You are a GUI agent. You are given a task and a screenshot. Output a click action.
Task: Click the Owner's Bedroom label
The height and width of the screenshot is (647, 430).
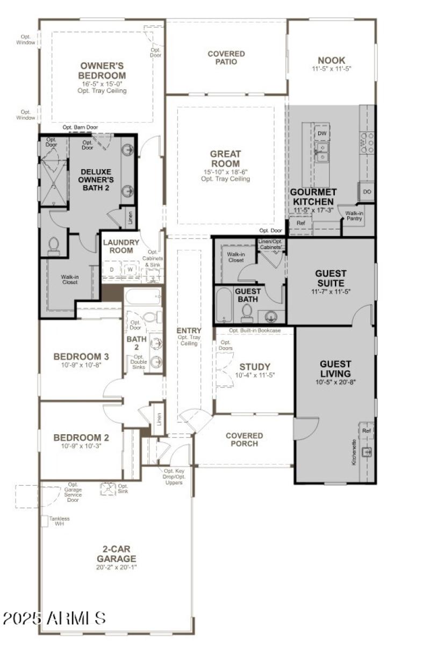102,71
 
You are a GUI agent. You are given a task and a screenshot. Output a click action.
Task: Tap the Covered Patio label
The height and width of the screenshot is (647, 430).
226,57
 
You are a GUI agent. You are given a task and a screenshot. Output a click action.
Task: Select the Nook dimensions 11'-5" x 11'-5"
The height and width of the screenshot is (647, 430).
331,69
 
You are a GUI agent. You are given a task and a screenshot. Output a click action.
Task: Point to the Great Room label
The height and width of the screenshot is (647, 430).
225,159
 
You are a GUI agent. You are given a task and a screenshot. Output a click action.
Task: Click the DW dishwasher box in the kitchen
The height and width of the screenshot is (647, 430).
322,133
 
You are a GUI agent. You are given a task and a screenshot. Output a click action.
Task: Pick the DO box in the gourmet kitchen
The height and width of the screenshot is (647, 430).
367,191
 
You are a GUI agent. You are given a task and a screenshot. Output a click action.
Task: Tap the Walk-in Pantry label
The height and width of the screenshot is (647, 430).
354,215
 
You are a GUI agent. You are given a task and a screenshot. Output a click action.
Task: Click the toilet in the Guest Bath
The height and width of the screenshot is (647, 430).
247,312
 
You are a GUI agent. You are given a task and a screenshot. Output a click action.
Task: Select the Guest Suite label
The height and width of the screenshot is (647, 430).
331,278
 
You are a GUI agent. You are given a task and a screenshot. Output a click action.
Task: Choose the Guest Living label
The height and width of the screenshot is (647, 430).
335,369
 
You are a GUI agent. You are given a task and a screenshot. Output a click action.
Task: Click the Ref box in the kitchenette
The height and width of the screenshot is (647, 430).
367,431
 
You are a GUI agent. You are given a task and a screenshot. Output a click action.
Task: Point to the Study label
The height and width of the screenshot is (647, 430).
255,367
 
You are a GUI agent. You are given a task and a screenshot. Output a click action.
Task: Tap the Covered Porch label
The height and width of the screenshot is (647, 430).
245,439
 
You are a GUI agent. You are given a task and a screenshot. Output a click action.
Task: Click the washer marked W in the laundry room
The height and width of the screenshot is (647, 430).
130,269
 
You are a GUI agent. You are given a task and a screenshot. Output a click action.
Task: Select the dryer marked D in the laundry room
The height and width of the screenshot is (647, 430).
112,269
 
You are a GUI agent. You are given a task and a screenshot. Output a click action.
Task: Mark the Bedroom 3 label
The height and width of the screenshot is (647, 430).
81,356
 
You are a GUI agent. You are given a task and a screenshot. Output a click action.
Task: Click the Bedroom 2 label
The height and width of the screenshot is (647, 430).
81,437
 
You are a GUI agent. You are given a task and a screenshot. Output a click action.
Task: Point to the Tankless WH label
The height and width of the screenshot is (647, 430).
59,521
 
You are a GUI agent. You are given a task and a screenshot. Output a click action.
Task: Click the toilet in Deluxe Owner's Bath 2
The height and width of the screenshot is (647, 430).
54,246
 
